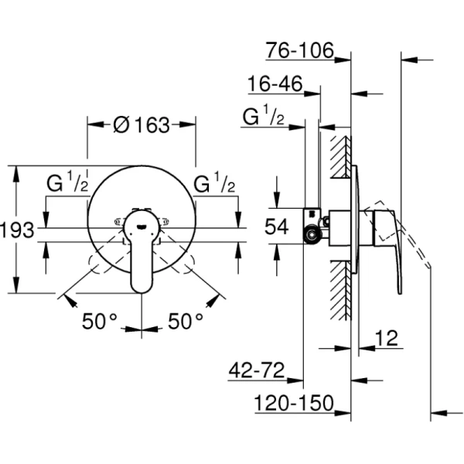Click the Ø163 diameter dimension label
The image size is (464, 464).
[x=141, y=125]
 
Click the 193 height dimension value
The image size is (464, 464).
[x=16, y=230]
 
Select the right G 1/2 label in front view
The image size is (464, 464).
[x=213, y=185]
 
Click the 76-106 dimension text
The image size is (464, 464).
[x=299, y=51]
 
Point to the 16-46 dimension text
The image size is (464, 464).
[x=274, y=84]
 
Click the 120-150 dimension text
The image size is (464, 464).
[x=295, y=404]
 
